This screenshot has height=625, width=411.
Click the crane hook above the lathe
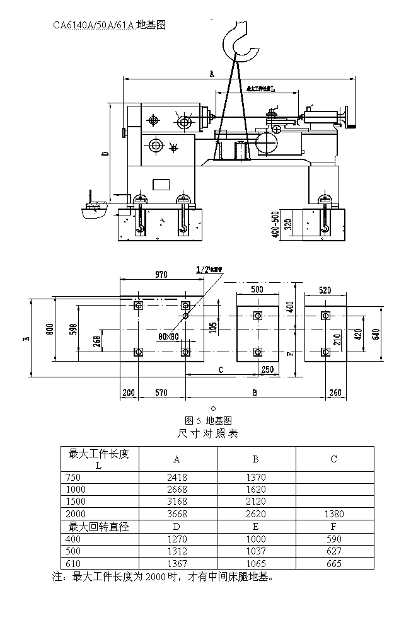pos(240,41)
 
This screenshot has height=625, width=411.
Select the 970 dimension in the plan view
pos(161,275)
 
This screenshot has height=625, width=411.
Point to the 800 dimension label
pos(49,328)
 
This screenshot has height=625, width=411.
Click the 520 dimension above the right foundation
pos(325,290)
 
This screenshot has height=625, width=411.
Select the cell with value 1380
pos(334,514)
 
